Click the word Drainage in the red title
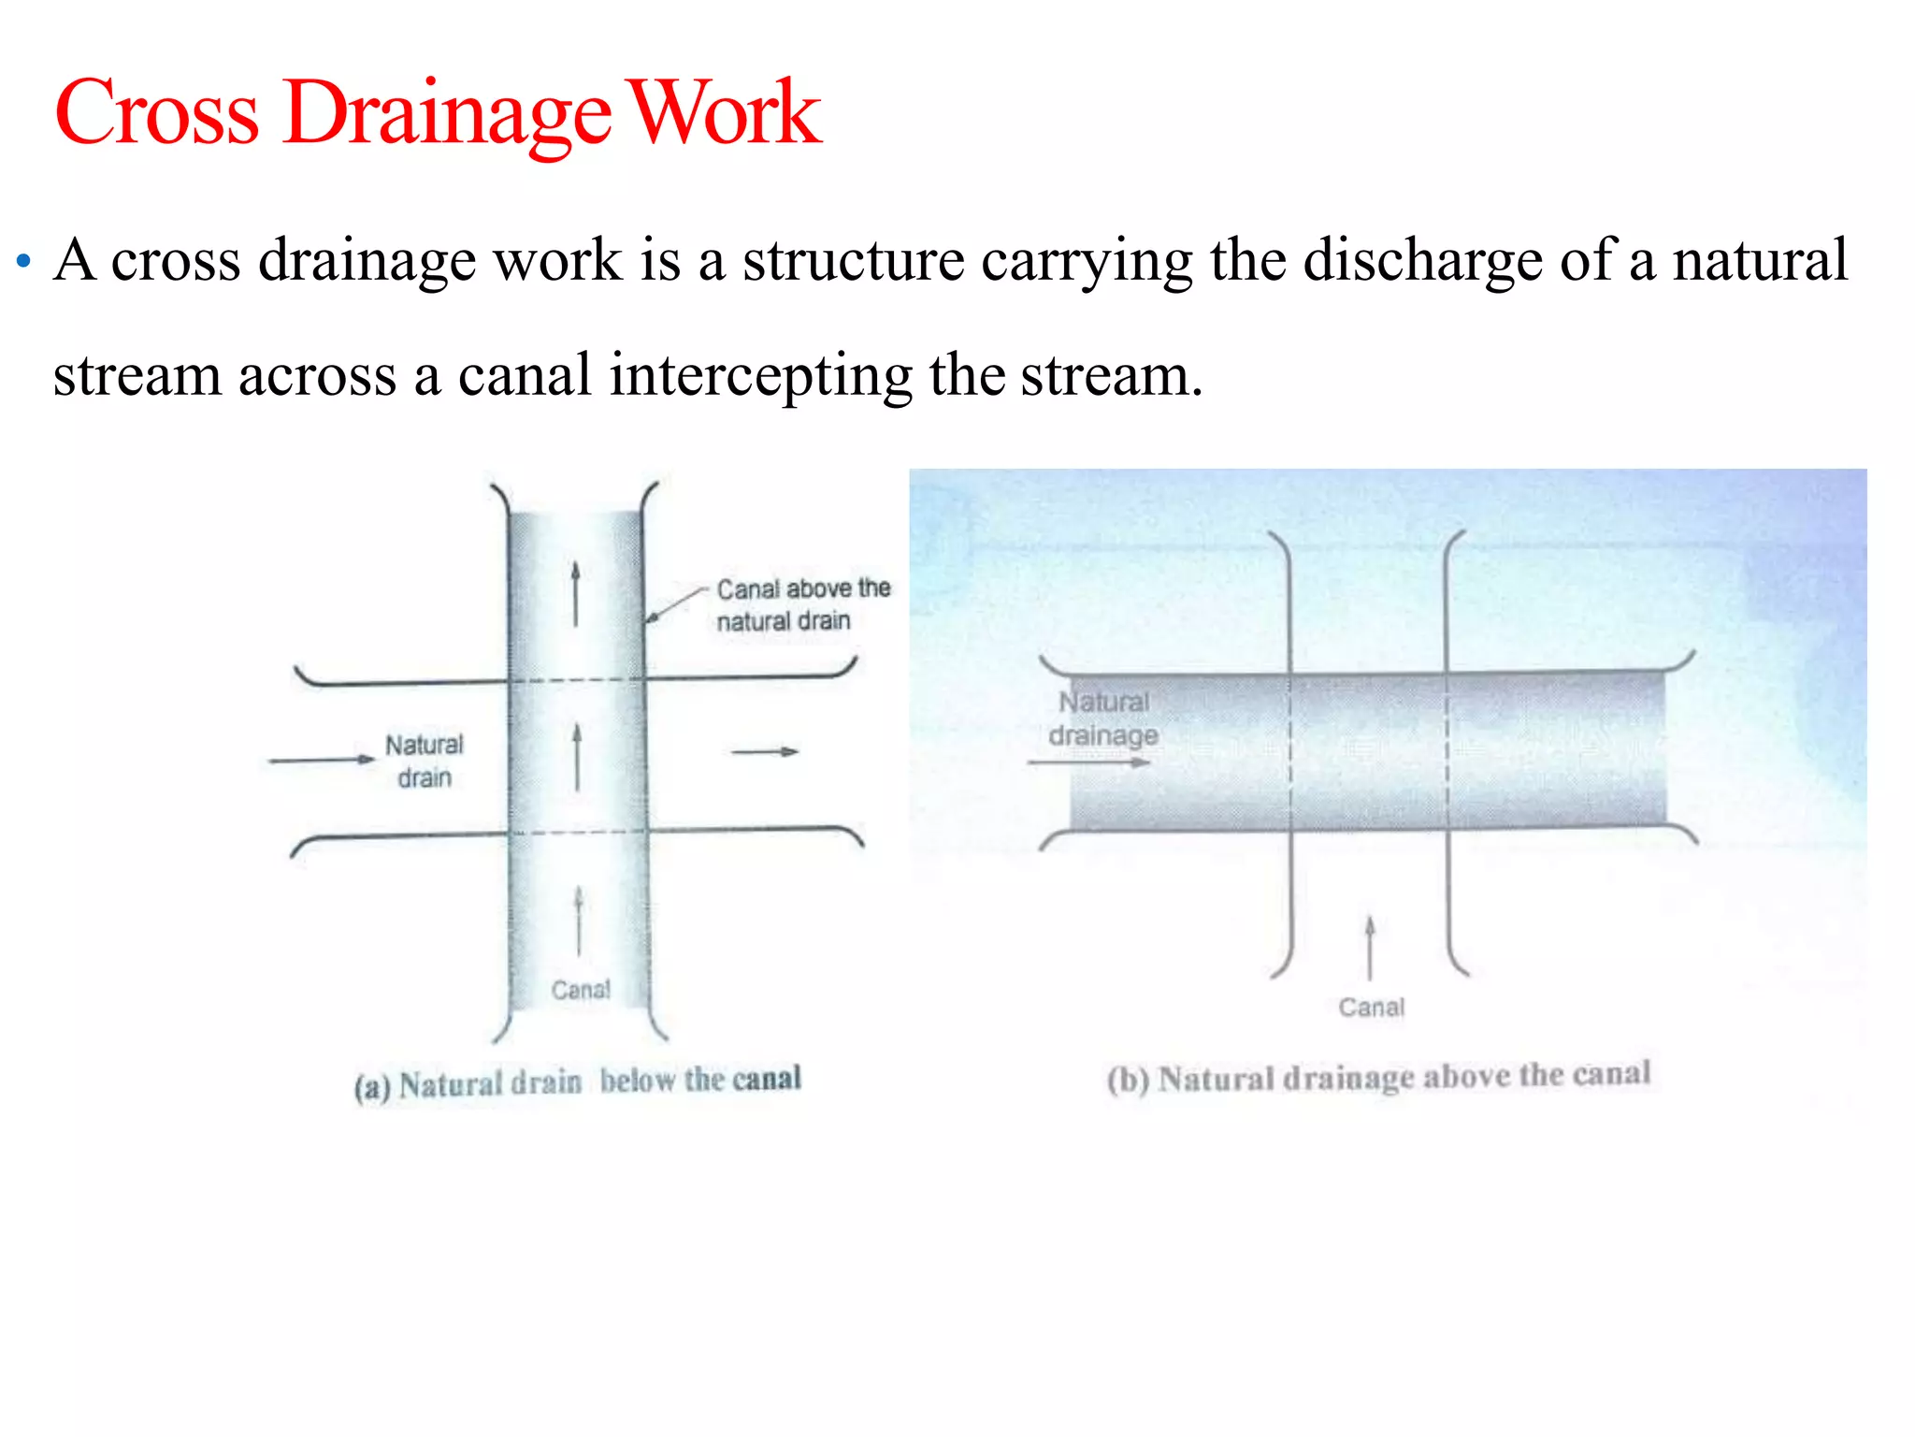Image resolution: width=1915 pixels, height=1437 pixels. coord(447,114)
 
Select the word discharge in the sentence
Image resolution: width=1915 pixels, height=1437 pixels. coord(1423,260)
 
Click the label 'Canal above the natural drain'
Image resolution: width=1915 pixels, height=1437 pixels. coord(801,604)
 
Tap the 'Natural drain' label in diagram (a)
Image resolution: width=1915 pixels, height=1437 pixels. coord(425,761)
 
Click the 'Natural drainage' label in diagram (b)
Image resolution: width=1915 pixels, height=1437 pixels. coord(1103,718)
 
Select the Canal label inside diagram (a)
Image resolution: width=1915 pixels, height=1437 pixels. coord(581,990)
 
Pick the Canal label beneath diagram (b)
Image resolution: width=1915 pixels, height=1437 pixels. coord(1371,1008)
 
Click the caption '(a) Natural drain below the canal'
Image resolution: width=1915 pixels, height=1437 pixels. coord(577,1082)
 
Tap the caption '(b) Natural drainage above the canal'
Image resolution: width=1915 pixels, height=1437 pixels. coord(1378,1077)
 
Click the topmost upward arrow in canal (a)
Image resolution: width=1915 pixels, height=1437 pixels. coord(576,593)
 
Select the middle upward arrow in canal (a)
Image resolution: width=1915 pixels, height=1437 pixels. coord(577,757)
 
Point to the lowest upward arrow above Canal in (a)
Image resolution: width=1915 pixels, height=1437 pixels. coord(579,922)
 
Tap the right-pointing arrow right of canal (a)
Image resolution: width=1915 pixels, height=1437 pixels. coord(765,751)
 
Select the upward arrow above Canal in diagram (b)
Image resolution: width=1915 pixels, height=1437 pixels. coord(1370,947)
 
